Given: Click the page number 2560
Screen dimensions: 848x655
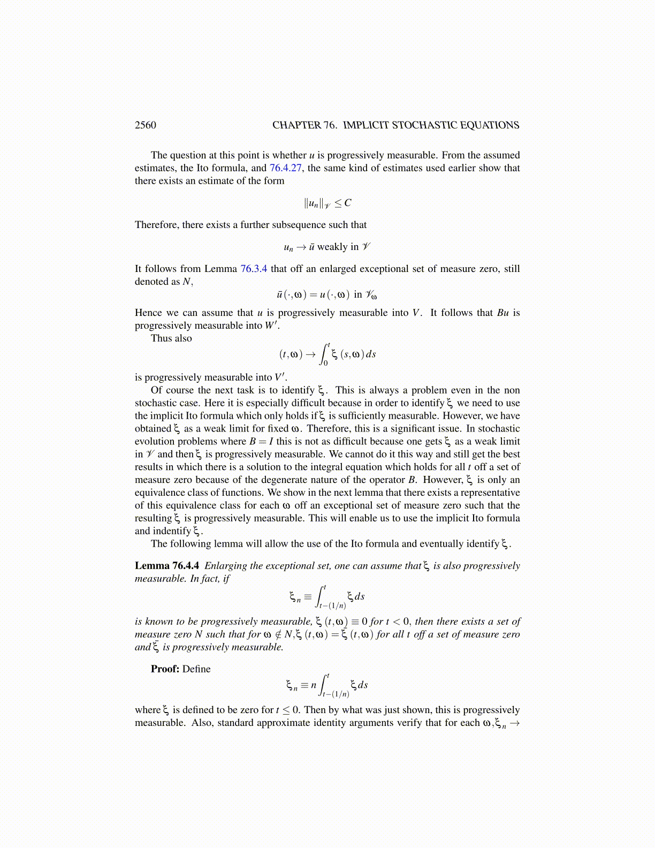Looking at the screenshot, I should coord(145,125).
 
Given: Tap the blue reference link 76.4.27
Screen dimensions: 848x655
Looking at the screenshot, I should coord(285,168).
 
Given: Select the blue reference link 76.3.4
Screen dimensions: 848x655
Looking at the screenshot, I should coord(254,269).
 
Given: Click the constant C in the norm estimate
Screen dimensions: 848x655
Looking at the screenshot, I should coord(348,203).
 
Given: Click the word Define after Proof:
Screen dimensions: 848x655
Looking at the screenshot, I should coord(196,669).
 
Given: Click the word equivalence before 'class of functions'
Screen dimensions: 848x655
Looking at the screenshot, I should coord(160,493).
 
